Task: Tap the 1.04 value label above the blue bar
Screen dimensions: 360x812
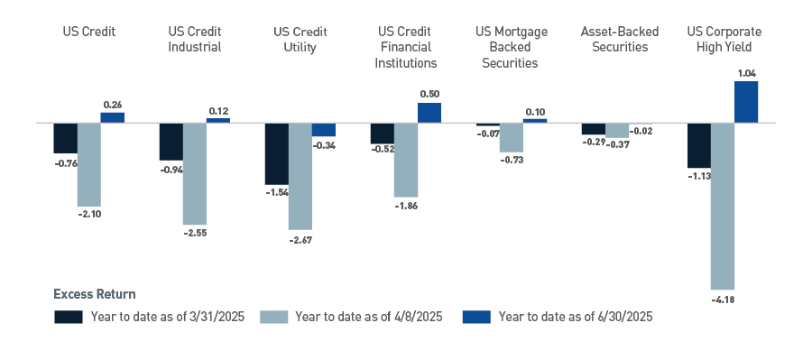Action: [x=745, y=72]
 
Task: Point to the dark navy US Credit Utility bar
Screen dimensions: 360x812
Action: [x=276, y=153]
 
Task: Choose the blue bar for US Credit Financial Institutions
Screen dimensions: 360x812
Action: [x=429, y=112]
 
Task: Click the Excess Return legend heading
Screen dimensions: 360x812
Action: [x=95, y=294]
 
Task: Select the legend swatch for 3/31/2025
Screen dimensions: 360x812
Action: [x=69, y=317]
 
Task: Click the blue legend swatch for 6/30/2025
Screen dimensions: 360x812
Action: [x=475, y=317]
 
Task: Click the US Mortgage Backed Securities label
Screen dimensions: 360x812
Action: [x=511, y=47]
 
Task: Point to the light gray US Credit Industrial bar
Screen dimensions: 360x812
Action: [x=194, y=173]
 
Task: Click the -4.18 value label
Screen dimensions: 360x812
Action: [x=722, y=298]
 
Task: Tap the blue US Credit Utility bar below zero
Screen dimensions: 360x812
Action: [x=323, y=129]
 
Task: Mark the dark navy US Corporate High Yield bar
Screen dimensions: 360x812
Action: [x=699, y=145]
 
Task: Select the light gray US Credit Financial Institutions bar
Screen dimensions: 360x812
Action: [x=405, y=160]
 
